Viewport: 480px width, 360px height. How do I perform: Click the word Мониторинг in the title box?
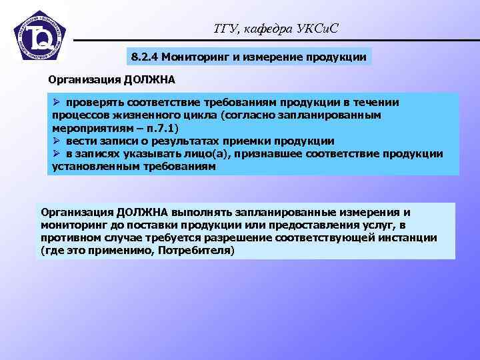[x=195, y=57]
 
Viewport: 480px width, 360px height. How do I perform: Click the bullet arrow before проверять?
[x=57, y=102]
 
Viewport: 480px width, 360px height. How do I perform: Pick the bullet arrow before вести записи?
[x=57, y=141]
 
